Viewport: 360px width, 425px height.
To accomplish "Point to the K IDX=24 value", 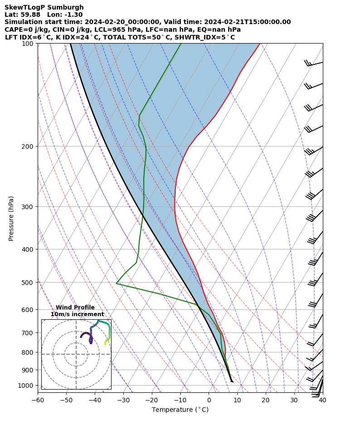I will pyautogui.click(x=74, y=37).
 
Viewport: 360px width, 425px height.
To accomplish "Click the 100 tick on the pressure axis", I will pyautogui.click(x=28, y=44).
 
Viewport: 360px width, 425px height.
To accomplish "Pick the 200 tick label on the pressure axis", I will pyautogui.click(x=28, y=147).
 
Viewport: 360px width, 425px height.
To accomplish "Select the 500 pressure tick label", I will pyautogui.click(x=28, y=283).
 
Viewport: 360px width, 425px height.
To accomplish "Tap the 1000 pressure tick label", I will pyautogui.click(x=26, y=386).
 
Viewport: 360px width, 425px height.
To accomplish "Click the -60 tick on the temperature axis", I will pyautogui.click(x=38, y=400).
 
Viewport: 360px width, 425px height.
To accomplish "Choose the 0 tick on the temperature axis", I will pyautogui.click(x=209, y=400).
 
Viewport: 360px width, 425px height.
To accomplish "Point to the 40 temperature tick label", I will pyautogui.click(x=322, y=400).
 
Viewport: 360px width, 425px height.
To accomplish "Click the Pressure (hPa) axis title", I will pyautogui.click(x=11, y=218).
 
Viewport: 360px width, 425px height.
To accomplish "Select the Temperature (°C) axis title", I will pyautogui.click(x=180, y=410).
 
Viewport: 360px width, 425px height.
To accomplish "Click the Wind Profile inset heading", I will pyautogui.click(x=75, y=308).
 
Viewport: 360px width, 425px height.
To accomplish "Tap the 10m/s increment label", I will pyautogui.click(x=77, y=314).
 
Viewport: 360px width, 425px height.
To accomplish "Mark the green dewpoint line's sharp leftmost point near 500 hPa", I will pyautogui.click(x=117, y=283).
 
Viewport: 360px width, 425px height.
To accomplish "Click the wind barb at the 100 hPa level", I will pyautogui.click(x=313, y=64).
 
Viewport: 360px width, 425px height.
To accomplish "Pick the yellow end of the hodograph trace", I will pyautogui.click(x=105, y=344).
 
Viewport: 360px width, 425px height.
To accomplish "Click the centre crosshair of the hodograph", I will pyautogui.click(x=76, y=354).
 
